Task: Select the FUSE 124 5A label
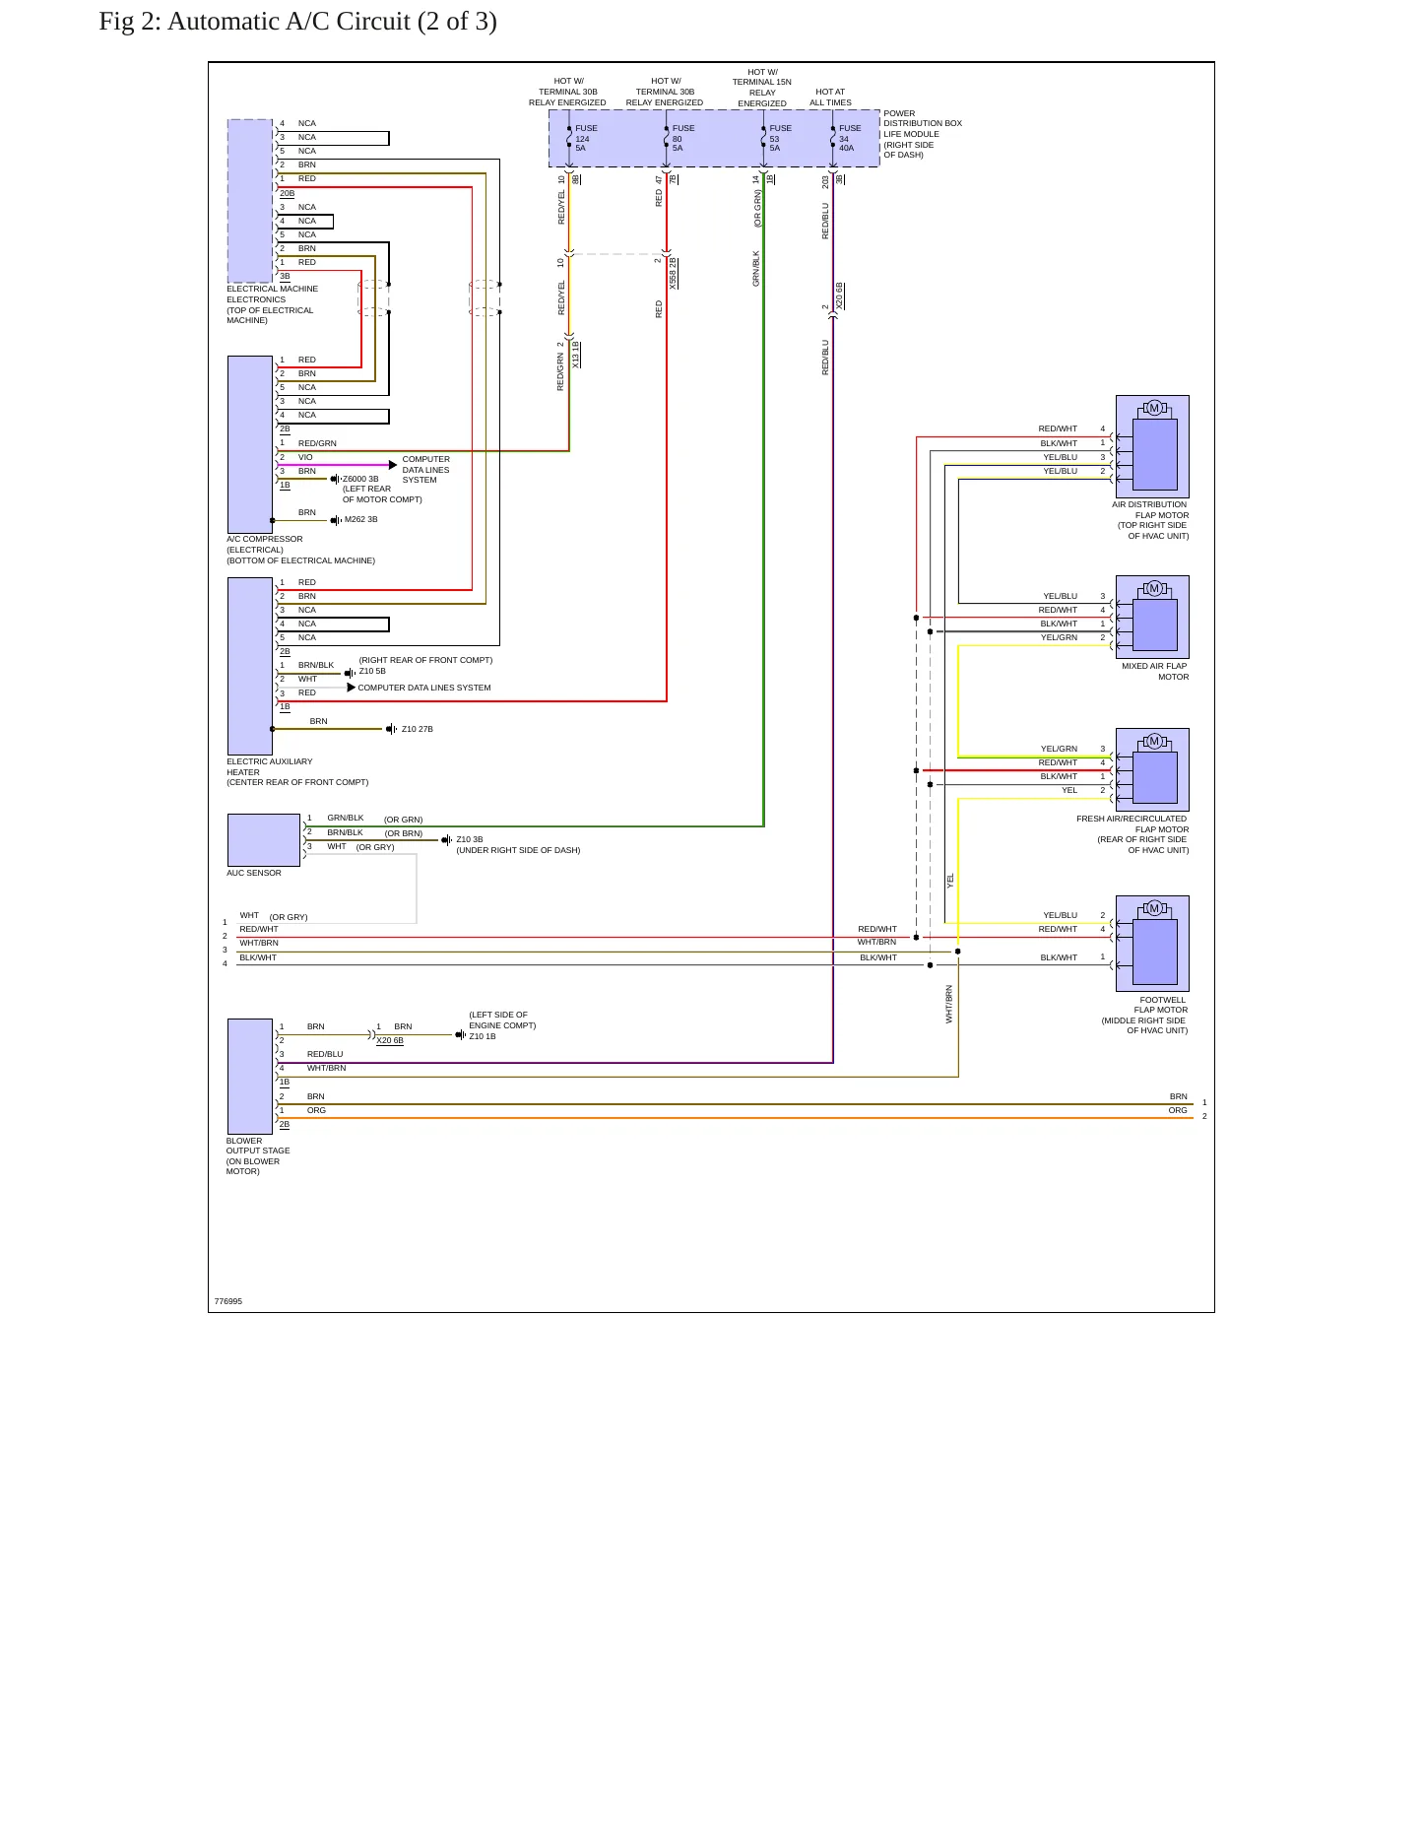click(586, 138)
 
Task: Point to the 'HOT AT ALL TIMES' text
click(830, 98)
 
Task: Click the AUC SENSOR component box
click(264, 840)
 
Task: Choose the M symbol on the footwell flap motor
click(1154, 908)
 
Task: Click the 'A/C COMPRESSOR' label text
click(265, 539)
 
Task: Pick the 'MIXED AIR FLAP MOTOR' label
click(1155, 672)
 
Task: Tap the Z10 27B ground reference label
click(418, 729)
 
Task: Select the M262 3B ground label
click(361, 519)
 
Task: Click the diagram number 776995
click(227, 1301)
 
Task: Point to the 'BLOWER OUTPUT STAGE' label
click(258, 1146)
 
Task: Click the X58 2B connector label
click(674, 273)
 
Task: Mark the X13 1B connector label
click(576, 355)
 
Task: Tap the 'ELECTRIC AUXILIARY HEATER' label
click(270, 766)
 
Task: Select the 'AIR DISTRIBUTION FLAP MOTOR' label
click(1150, 509)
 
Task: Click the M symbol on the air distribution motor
click(1154, 408)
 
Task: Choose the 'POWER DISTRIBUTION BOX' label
click(923, 118)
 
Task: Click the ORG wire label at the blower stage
click(316, 1110)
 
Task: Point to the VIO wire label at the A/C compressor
click(305, 457)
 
